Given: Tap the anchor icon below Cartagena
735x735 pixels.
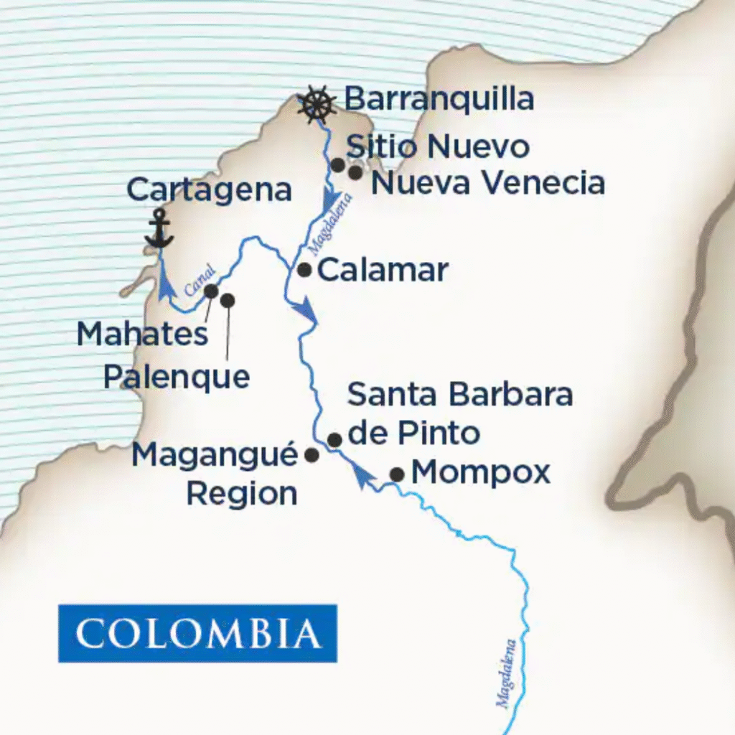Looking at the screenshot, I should (159, 229).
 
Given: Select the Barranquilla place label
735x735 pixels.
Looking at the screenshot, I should (439, 99).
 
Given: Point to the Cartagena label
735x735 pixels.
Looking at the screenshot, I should (209, 190).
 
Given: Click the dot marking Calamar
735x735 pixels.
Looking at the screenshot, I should (304, 270).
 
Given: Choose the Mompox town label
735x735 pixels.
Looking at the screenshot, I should (481, 472).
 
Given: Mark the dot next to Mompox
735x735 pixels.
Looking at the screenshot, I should (396, 474).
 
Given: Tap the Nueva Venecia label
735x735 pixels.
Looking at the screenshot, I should (488, 183).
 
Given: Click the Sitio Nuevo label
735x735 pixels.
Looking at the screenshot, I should (438, 147).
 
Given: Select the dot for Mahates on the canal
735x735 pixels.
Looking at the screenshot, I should (211, 291).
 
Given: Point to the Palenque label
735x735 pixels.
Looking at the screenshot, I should (177, 376).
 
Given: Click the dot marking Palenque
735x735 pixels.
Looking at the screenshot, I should (228, 300).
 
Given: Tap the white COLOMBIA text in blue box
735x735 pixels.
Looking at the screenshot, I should (197, 633).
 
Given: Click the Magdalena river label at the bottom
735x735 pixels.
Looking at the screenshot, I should (507, 673).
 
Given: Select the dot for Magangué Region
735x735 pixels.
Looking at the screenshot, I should (312, 454).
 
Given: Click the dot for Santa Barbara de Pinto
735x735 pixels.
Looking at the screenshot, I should (334, 439).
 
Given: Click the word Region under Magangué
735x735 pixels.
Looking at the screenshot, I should (242, 494).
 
